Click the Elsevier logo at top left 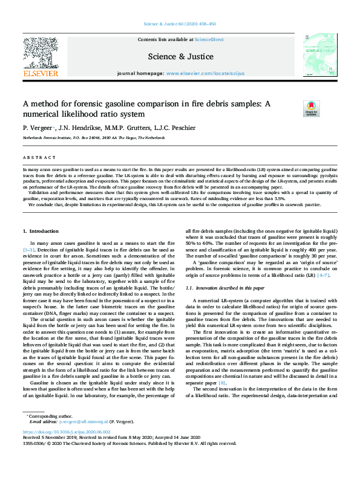[x=41, y=57]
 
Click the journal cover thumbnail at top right [x=319, y=55]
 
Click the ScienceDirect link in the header [x=209, y=39]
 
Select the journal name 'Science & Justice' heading [x=181, y=56]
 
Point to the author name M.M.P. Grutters [x=126, y=128]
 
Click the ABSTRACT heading [x=37, y=156]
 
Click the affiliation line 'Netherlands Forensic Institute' [x=91, y=138]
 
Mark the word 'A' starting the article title [x=26, y=103]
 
